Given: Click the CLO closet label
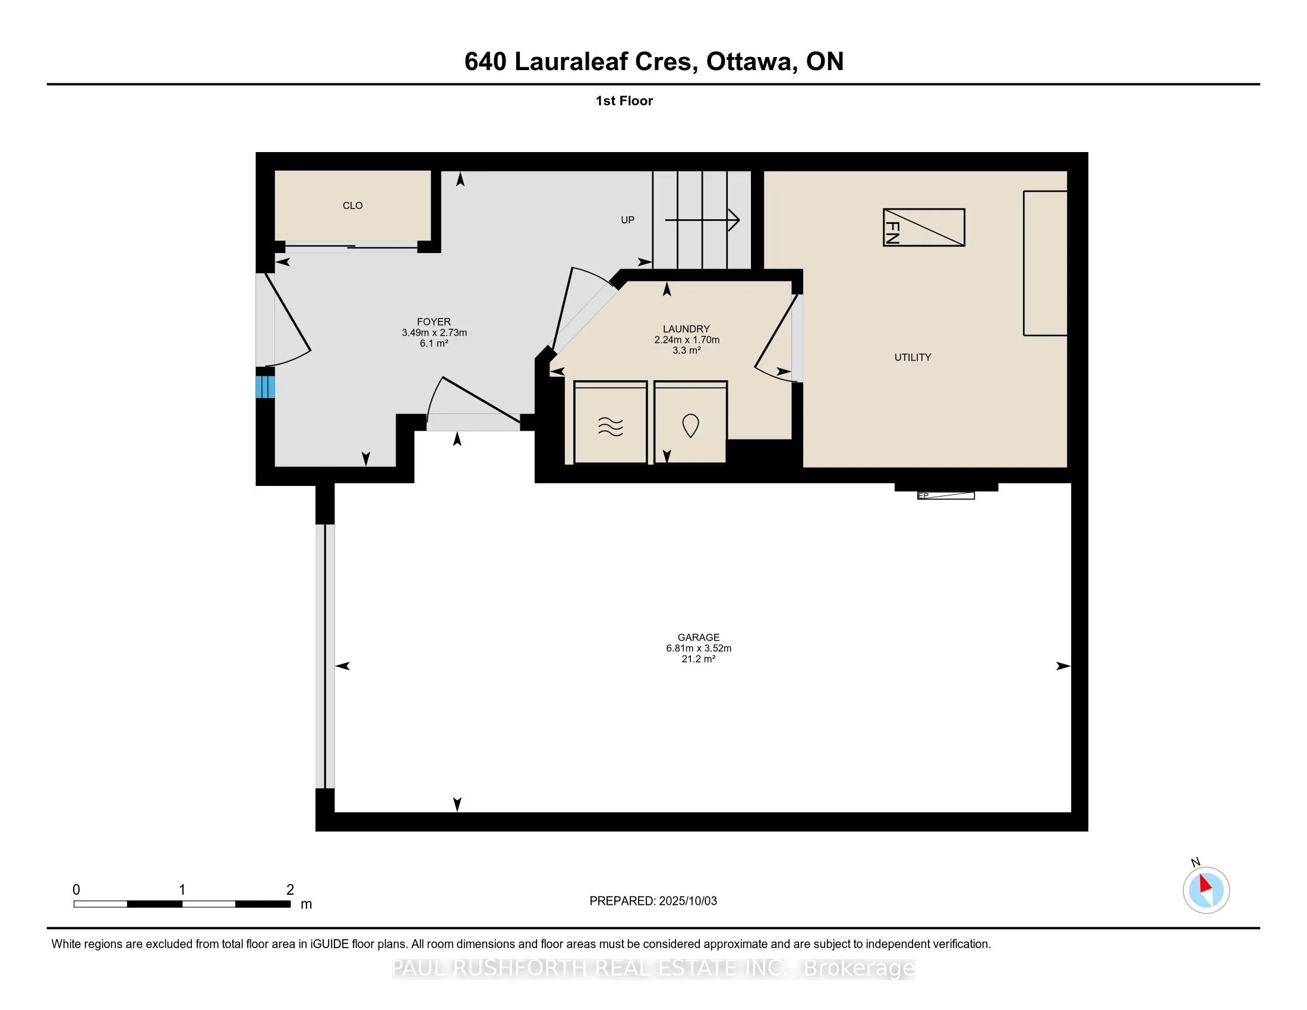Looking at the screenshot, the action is click(x=352, y=205).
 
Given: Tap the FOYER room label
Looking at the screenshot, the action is click(x=434, y=322).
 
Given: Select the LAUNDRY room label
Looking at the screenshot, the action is click(x=686, y=329).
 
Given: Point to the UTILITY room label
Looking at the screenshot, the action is click(x=913, y=357).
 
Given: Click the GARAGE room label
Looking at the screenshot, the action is click(x=699, y=638).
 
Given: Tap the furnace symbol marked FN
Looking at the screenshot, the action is click(x=924, y=228).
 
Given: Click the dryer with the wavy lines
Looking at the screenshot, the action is click(x=610, y=422).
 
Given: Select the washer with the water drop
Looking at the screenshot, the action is click(x=690, y=422).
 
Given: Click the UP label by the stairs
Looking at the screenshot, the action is click(x=627, y=220).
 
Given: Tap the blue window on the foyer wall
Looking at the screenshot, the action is click(x=265, y=387).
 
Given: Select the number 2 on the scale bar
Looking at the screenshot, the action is click(x=291, y=890).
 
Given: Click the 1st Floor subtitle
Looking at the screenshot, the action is click(x=624, y=101).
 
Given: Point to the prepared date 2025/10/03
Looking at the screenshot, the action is click(x=687, y=901).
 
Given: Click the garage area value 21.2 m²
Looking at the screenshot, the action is click(x=699, y=659).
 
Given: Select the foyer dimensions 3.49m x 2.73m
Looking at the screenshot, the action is click(x=434, y=333).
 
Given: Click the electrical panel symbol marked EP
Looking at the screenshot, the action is click(x=946, y=495).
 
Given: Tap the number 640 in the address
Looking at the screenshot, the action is click(x=485, y=62).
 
